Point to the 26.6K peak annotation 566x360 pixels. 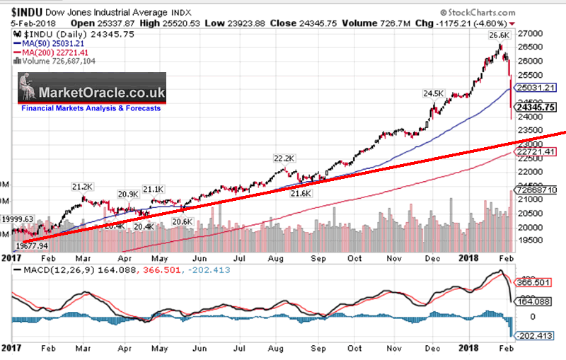(x=497, y=34)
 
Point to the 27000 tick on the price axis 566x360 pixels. (x=532, y=33)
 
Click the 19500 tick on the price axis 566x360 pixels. (x=532, y=241)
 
